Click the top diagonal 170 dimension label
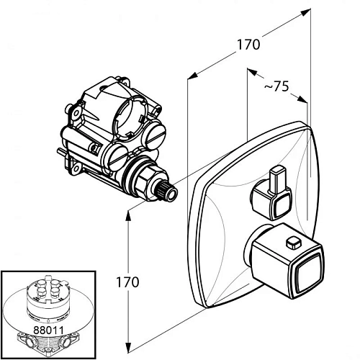click(x=248, y=45)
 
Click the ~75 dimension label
click(x=276, y=86)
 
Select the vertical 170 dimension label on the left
click(x=127, y=282)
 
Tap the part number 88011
click(x=49, y=330)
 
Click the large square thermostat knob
click(x=286, y=261)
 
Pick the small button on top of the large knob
click(x=294, y=243)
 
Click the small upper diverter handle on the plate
click(x=272, y=193)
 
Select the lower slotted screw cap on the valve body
click(x=117, y=157)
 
